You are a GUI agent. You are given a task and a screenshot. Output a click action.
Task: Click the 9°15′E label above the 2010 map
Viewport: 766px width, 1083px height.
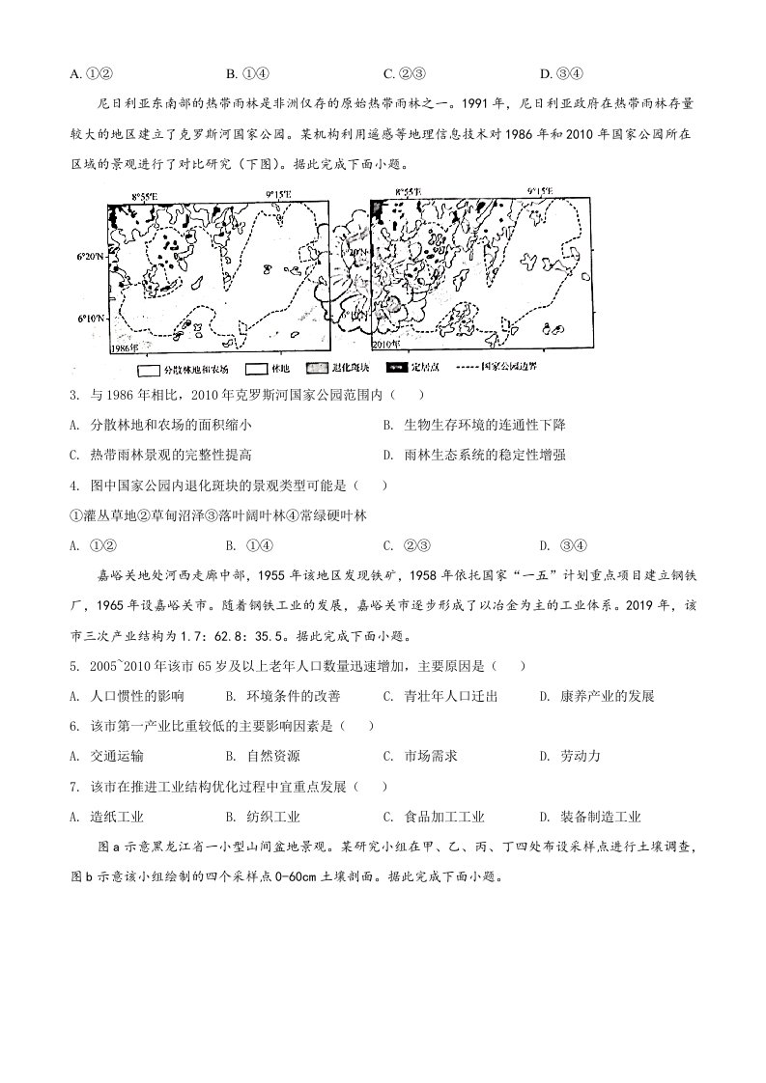543,193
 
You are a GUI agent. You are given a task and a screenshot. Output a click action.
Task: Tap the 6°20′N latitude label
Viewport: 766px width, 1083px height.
90,258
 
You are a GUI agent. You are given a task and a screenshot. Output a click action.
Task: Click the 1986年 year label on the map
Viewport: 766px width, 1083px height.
126,346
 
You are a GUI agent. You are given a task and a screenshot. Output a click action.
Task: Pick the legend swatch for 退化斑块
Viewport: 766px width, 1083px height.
318,368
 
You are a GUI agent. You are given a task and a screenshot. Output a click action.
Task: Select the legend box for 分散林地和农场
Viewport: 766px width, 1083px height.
149,368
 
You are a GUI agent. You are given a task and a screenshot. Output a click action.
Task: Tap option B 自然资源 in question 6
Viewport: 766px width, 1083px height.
262,756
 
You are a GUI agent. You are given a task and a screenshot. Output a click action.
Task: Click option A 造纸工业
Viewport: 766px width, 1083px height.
107,817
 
